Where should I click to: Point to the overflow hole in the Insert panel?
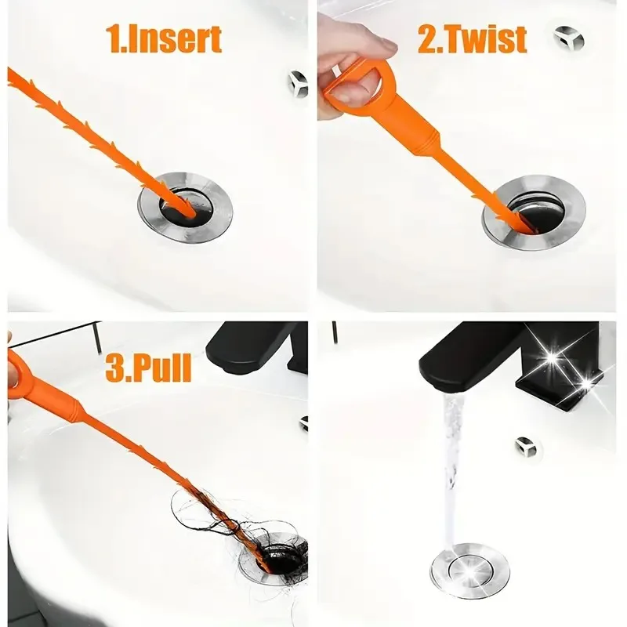coord(298,80)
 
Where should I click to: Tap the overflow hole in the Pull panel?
coord(303,423)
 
